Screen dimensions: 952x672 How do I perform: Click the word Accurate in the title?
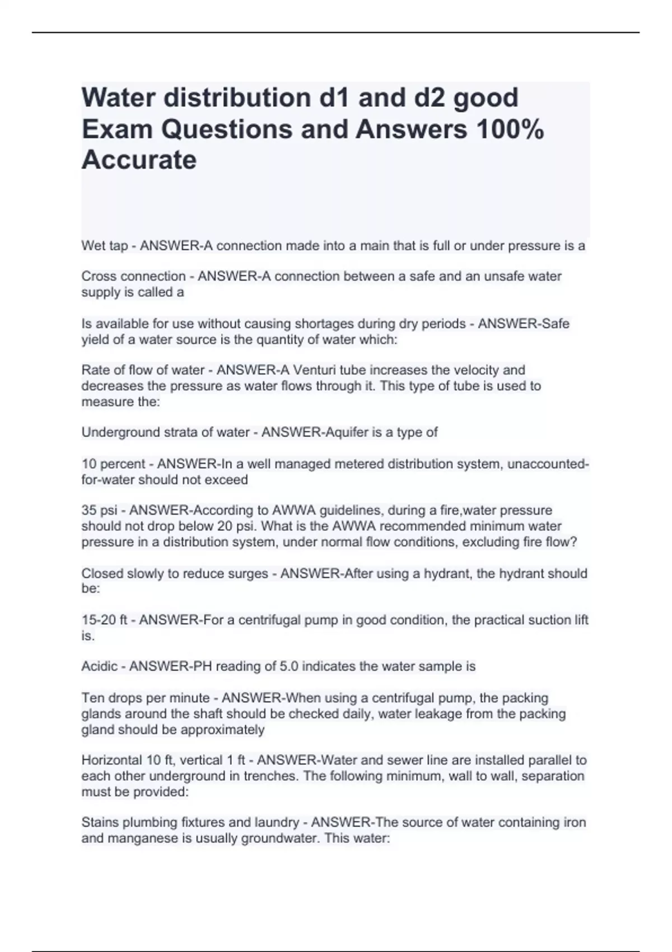(139, 160)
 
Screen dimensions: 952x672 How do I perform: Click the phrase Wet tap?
(104, 246)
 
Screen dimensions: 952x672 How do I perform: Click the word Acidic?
(100, 666)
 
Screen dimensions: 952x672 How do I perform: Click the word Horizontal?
(113, 760)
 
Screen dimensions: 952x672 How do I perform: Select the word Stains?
(100, 823)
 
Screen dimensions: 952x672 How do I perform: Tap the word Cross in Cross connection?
(99, 277)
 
